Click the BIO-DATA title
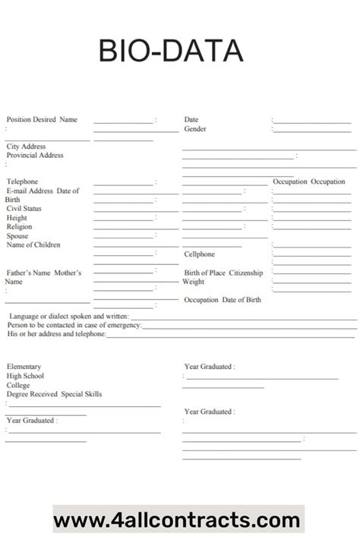pyautogui.click(x=171, y=51)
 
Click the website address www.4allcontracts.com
pyautogui.click(x=177, y=520)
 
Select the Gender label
pyautogui.click(x=195, y=129)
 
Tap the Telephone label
pyautogui.click(x=22, y=181)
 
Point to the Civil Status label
pyautogui.click(x=24, y=208)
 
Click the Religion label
pyautogui.click(x=20, y=226)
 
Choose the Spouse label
pyautogui.click(x=17, y=235)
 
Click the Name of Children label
pyautogui.click(x=33, y=244)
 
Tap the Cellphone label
pyautogui.click(x=199, y=254)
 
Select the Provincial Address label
pyautogui.click(x=35, y=155)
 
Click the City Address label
pyautogui.click(x=27, y=146)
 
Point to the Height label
pyautogui.click(x=17, y=217)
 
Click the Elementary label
pyautogui.click(x=24, y=367)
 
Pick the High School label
pyautogui.click(x=26, y=376)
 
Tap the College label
pyautogui.click(x=19, y=385)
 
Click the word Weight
pyautogui.click(x=193, y=282)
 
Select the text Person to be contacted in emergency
pyautogui.click(x=74, y=325)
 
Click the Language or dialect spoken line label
pyautogui.click(x=68, y=316)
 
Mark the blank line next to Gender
pyautogui.click(x=311, y=131)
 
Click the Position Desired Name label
pyautogui.click(x=42, y=119)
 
